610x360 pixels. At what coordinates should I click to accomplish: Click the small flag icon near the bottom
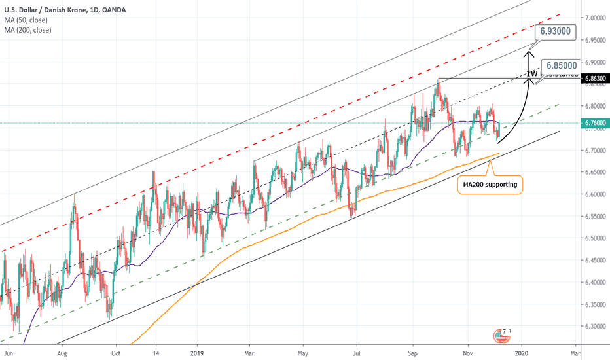tap(503, 336)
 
